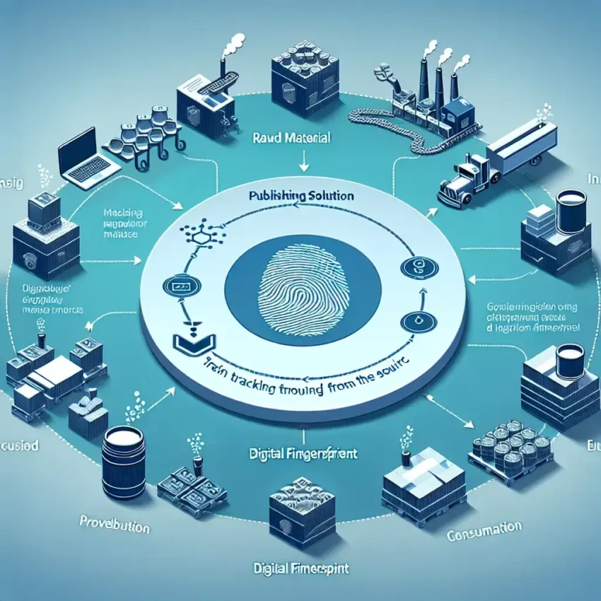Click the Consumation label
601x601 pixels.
pos(484,530)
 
